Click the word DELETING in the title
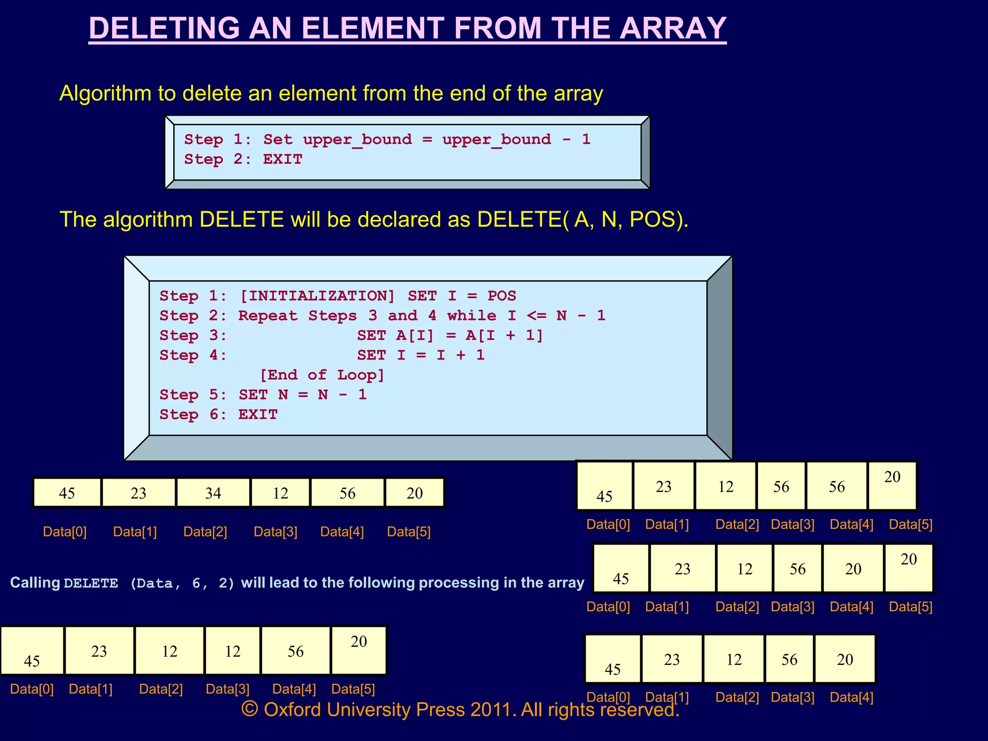(164, 28)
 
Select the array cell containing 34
(213, 493)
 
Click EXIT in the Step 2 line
(283, 159)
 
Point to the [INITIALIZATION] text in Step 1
(317, 296)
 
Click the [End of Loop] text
(322, 375)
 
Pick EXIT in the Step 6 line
(258, 414)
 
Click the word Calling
(35, 583)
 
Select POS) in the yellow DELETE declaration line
(659, 220)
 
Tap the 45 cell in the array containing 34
(67, 493)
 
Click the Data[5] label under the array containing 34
(409, 532)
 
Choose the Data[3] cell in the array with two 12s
(233, 651)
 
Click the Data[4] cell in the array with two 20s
(853, 569)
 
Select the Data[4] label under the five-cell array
(851, 697)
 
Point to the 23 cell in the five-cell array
(672, 659)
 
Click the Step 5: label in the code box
(193, 395)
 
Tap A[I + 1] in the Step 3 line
(504, 335)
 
